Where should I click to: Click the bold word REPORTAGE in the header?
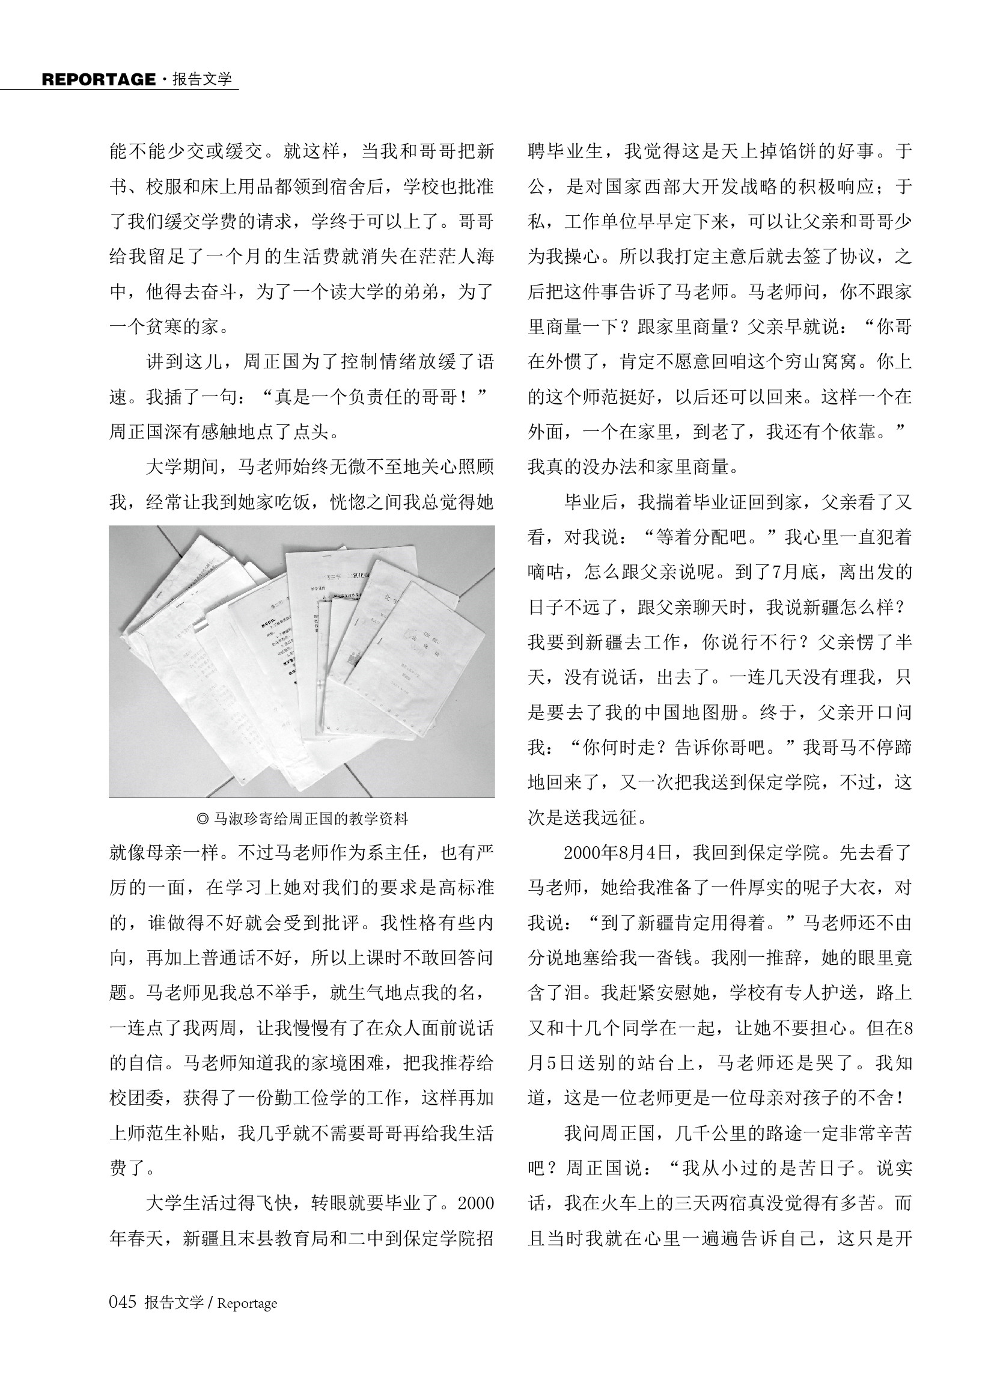[x=99, y=80]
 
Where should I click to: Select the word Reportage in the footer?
[x=246, y=1303]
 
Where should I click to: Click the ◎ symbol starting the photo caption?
[x=203, y=819]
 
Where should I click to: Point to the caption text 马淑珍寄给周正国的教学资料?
[x=310, y=819]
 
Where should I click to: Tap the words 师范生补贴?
[x=183, y=1134]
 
